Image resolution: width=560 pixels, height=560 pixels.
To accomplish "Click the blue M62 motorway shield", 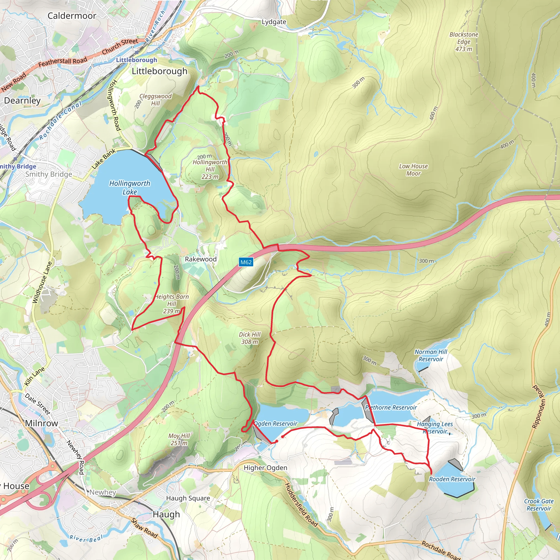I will [246, 262].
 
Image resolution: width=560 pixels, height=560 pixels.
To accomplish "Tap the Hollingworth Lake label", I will [130, 188].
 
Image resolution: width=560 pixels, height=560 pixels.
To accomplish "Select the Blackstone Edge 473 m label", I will [463, 42].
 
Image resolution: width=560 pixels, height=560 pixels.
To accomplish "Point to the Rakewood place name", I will [201, 259].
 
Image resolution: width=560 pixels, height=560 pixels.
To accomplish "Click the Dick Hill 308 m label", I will [250, 338].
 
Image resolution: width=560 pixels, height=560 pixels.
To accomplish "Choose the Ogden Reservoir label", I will [276, 424].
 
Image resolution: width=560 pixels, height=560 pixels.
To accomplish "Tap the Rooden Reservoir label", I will [452, 479].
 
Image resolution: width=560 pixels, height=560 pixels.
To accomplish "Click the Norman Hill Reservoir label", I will [431, 355].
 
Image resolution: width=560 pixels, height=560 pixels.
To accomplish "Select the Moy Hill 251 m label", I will [179, 439].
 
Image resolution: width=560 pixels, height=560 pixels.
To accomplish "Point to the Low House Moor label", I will [413, 170].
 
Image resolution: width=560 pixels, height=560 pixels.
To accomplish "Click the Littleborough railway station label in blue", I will [136, 60].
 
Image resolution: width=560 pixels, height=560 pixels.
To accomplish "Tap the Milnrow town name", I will [42, 423].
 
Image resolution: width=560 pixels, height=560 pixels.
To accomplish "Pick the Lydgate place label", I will [274, 22].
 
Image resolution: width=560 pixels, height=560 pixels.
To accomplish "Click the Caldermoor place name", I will [72, 16].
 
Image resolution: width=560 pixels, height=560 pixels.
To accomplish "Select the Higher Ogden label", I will [265, 468].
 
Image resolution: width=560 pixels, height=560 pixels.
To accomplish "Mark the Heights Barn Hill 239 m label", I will [172, 304].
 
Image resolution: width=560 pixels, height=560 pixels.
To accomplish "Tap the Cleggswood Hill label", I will [155, 100].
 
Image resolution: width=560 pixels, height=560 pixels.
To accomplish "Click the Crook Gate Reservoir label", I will [539, 505].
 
